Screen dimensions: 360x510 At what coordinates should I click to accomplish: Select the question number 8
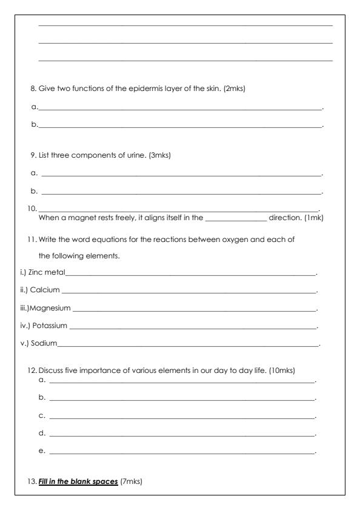pos(33,89)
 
